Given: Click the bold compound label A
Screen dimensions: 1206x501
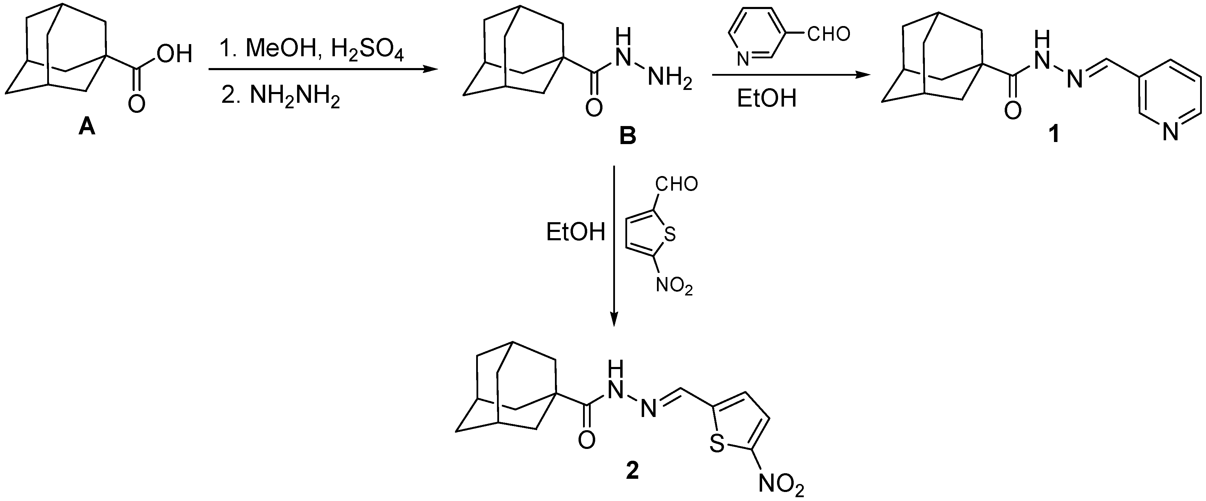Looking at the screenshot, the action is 87,126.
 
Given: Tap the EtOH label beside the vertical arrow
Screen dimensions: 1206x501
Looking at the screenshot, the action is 575,232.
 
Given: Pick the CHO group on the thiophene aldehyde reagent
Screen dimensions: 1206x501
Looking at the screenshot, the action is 676,184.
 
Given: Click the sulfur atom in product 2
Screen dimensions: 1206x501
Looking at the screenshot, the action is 717,443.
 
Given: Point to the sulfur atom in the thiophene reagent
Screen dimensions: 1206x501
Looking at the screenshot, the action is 670,234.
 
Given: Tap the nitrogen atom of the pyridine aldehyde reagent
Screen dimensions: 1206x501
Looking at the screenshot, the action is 742,59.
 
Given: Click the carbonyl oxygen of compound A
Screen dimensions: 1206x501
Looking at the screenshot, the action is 136,104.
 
